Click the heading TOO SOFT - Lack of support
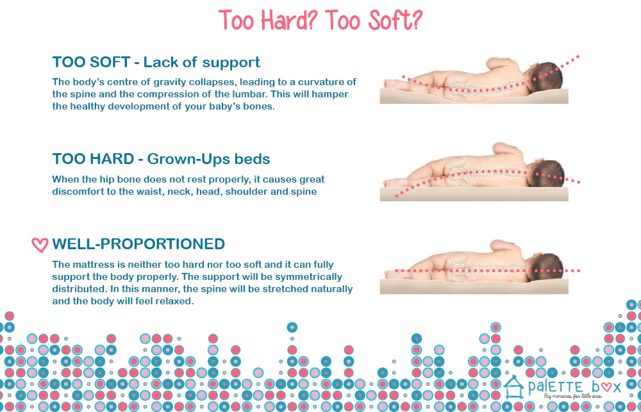pyautogui.click(x=156, y=62)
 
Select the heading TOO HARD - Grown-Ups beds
pyautogui.click(x=161, y=159)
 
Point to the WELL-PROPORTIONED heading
pyautogui.click(x=138, y=244)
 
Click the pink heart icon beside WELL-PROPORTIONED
pyautogui.click(x=40, y=245)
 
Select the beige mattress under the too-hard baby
pyautogui.click(x=474, y=194)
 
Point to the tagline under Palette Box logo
pyautogui.click(x=572, y=396)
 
